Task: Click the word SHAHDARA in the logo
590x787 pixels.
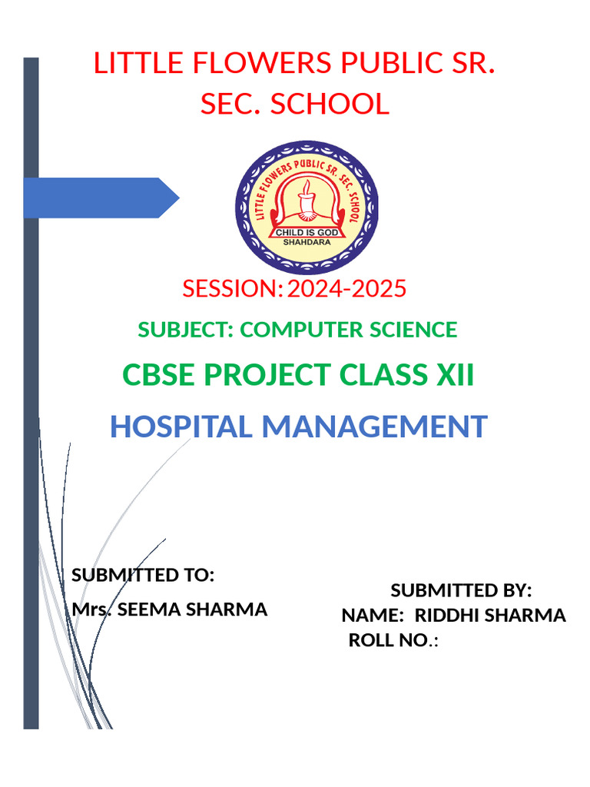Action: point(305,241)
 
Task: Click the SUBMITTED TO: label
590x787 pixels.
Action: point(142,575)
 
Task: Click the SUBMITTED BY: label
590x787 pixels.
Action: point(461,590)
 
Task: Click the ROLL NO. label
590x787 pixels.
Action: point(387,641)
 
